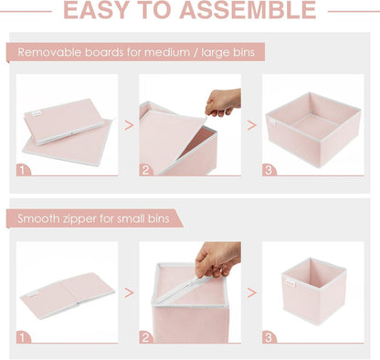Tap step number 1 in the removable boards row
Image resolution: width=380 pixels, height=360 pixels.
23,169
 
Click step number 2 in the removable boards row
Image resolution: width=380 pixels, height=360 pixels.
145,169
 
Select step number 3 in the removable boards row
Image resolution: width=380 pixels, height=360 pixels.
269,169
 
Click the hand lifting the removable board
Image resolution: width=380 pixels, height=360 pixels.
224,100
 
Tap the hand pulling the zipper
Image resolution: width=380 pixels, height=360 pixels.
218,259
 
